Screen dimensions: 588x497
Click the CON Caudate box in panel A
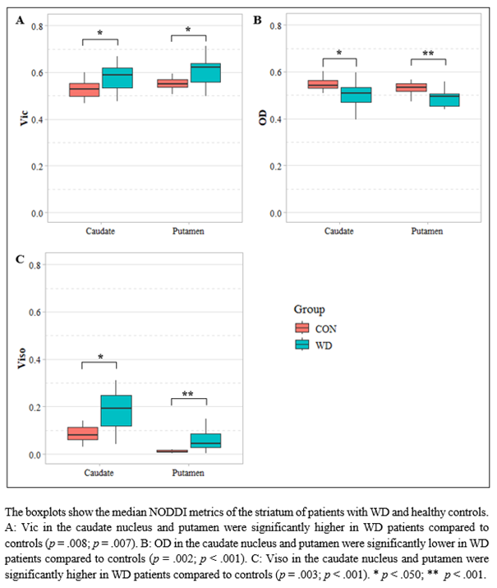84,90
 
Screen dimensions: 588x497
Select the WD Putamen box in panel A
205,72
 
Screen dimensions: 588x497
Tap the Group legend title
309,309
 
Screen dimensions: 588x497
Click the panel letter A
19,21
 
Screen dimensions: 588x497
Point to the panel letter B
257,21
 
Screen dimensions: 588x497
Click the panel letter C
19,260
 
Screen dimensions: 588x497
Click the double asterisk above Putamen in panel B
428,54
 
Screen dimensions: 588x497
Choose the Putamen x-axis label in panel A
189,231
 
